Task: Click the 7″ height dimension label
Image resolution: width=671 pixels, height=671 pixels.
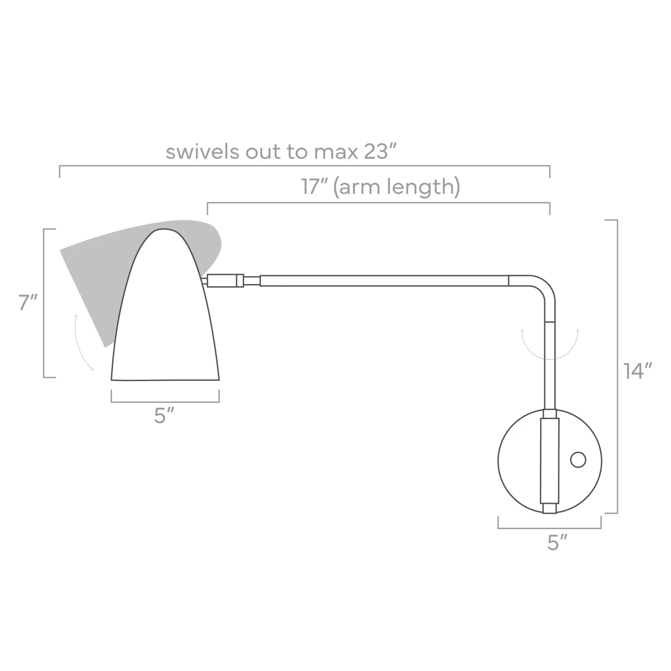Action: tap(28, 303)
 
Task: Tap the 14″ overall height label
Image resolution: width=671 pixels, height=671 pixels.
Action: tap(637, 371)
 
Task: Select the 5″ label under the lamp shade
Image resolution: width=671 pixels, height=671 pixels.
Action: tap(164, 416)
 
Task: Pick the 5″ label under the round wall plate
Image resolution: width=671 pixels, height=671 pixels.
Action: tap(557, 542)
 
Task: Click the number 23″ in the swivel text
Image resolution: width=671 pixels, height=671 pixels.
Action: tap(380, 152)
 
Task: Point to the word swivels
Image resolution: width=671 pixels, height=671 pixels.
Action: tap(202, 152)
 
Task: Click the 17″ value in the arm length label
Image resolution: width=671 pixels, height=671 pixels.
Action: tap(315, 187)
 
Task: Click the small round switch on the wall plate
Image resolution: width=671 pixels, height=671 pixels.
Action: tap(578, 460)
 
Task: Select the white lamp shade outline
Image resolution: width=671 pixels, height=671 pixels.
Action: tap(166, 322)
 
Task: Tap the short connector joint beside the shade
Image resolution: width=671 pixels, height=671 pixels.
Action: tap(225, 280)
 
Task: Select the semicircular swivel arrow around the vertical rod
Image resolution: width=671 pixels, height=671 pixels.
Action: tap(550, 351)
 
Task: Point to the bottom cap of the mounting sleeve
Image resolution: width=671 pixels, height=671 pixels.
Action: tap(549, 509)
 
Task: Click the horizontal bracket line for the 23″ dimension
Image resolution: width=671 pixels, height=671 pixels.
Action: tap(304, 166)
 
